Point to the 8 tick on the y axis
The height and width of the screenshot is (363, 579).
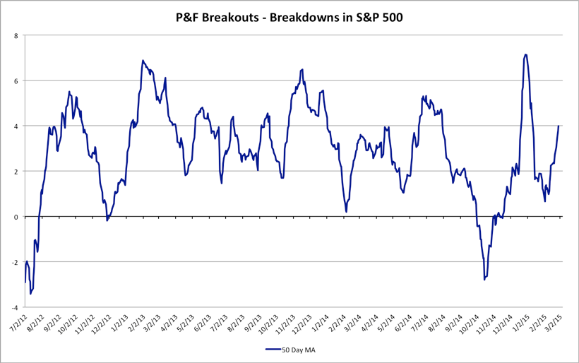[x=16, y=35]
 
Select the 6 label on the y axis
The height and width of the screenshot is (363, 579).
[x=16, y=81]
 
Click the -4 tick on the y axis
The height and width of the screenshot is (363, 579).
[x=15, y=308]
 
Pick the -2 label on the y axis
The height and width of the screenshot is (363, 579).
[x=15, y=262]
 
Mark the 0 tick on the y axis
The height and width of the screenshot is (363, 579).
[x=16, y=217]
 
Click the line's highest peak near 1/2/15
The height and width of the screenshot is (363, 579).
[x=526, y=54]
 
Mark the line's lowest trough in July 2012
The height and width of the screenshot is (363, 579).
[x=30, y=294]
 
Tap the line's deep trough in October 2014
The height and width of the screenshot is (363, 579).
[x=484, y=280]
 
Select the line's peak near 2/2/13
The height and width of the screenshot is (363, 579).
[x=143, y=61]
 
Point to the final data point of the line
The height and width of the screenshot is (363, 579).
[x=559, y=126]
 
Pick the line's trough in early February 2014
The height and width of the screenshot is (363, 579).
[x=346, y=211]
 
